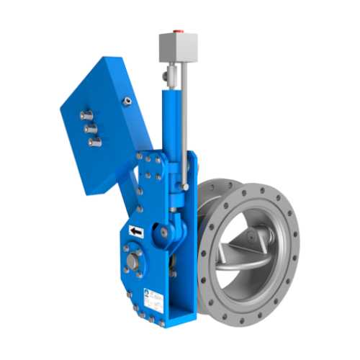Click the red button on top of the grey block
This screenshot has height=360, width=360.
coord(178,32)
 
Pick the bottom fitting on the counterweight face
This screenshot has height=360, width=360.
coord(94,142)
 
